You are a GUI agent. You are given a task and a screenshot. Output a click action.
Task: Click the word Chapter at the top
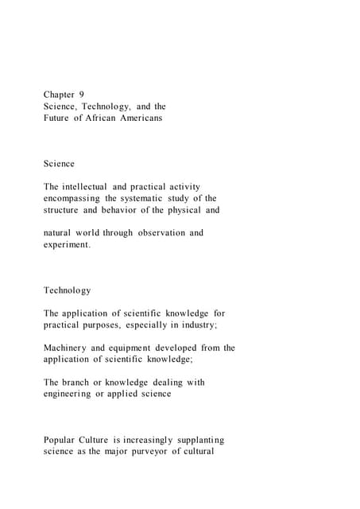click(x=59, y=95)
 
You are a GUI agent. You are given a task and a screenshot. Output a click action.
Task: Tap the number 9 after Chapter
click(x=82, y=95)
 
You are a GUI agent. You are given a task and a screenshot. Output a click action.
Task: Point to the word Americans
click(x=156, y=118)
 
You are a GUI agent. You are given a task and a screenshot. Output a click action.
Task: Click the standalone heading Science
click(x=59, y=164)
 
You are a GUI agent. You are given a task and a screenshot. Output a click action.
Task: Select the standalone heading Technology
click(x=67, y=290)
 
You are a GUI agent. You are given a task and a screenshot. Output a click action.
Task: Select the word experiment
click(x=67, y=245)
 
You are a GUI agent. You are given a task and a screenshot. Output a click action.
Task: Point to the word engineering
click(x=67, y=394)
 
